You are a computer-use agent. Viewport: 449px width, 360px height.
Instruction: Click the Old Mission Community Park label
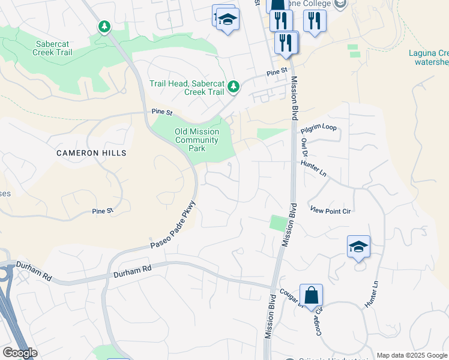point(196,140)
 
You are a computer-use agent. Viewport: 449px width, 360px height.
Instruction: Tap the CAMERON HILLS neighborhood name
point(91,153)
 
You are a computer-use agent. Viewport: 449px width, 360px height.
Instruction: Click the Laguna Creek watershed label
point(429,57)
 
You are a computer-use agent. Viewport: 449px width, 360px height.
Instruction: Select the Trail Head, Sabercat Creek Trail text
point(187,88)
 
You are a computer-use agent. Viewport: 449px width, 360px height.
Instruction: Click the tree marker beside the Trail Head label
point(234,87)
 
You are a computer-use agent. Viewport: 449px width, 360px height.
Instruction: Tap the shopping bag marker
point(311,295)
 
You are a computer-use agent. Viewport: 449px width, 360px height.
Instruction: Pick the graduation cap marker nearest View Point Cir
point(358,247)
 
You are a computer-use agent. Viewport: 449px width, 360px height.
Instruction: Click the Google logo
point(19,353)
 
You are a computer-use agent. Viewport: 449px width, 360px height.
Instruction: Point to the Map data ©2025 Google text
point(412,355)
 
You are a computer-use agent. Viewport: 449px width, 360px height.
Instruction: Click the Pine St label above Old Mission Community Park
point(162,112)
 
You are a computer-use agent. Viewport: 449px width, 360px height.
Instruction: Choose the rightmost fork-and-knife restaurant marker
point(315,22)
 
